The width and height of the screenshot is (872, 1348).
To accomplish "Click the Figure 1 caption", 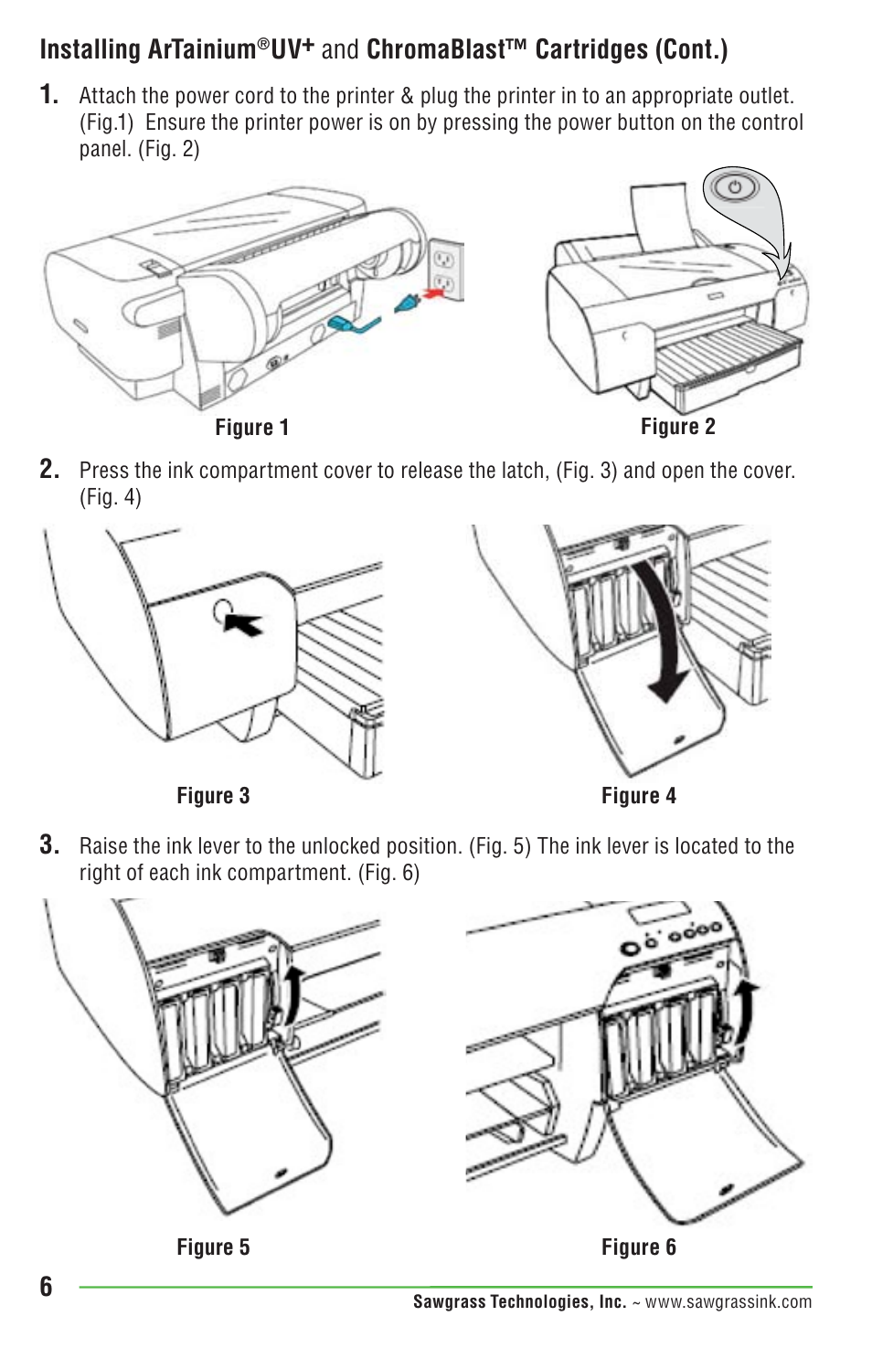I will (251, 428).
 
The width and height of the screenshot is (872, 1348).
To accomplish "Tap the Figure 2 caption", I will (677, 427).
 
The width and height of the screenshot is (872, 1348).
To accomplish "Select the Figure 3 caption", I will (213, 796).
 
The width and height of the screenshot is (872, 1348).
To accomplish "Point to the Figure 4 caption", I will (638, 796).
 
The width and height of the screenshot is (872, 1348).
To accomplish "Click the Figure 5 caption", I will (213, 1247).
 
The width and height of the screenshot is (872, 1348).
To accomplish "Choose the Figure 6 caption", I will (638, 1247).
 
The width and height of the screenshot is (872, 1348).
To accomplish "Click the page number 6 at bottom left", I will (47, 1287).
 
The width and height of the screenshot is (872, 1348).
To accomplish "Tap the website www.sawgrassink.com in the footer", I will (728, 1302).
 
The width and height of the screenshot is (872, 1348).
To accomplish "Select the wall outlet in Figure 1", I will (445, 271).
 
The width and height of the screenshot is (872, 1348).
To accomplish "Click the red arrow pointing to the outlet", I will (438, 292).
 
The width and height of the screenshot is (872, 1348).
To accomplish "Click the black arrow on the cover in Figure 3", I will (244, 623).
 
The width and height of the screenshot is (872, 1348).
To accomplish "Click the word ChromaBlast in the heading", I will (435, 49).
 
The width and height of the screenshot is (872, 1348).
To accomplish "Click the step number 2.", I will (49, 470).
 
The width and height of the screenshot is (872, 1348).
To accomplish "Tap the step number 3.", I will (49, 845).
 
